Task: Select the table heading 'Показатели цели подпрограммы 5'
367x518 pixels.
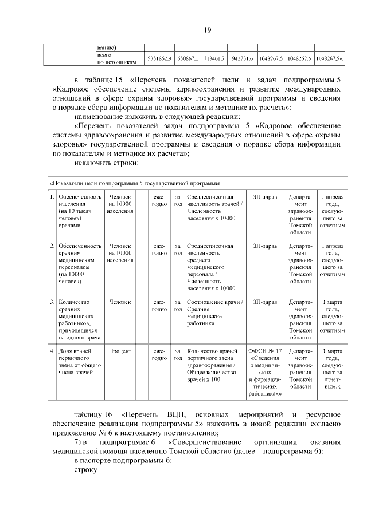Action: click(x=135, y=183)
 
